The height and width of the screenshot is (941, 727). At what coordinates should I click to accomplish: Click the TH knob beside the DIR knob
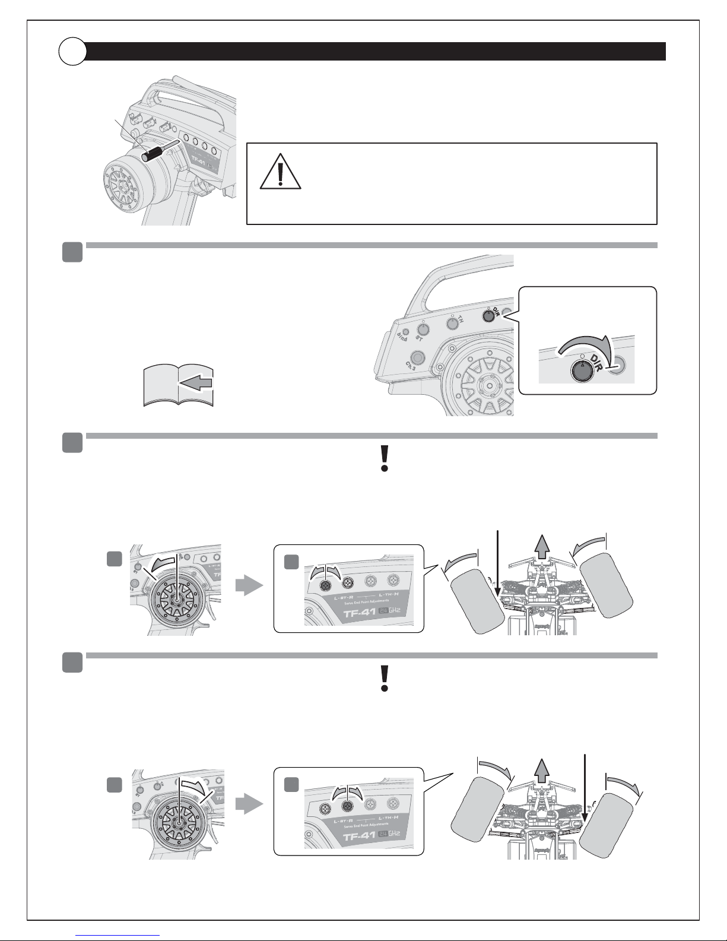(453, 322)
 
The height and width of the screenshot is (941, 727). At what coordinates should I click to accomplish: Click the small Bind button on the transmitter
(406, 332)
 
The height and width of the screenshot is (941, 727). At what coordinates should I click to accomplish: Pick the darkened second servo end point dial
(348, 806)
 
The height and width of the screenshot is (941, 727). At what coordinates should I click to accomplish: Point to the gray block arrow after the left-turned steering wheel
(249, 586)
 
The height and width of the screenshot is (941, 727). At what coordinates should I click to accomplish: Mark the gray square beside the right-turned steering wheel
(115, 785)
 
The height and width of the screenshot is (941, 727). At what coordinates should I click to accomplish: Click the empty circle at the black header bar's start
(72, 52)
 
